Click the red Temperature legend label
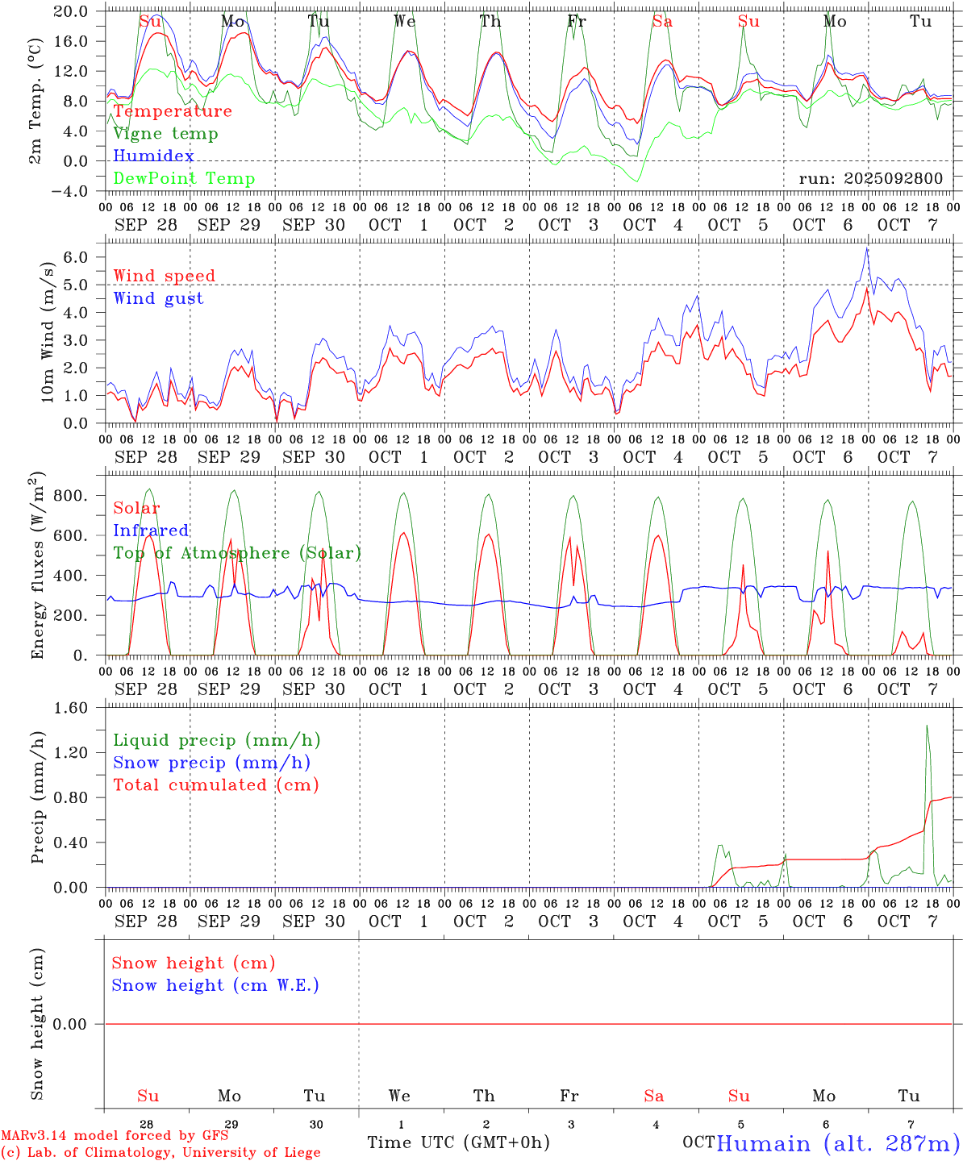tap(173, 111)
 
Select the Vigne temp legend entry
tap(165, 134)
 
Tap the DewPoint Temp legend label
tap(184, 179)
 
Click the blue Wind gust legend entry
tap(158, 298)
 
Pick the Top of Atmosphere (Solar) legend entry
tap(236, 553)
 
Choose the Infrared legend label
tap(151, 531)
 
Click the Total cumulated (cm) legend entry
tap(215, 785)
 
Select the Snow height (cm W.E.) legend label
tap(215, 985)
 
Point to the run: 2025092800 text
tap(870, 179)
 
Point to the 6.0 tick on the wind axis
tap(78, 257)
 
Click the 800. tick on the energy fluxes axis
tap(71, 496)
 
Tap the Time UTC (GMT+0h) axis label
tap(458, 1142)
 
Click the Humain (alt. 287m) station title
tap(838, 1143)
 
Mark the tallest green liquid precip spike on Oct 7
tap(927, 726)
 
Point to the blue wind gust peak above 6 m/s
tap(867, 248)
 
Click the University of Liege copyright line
tap(160, 1153)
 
